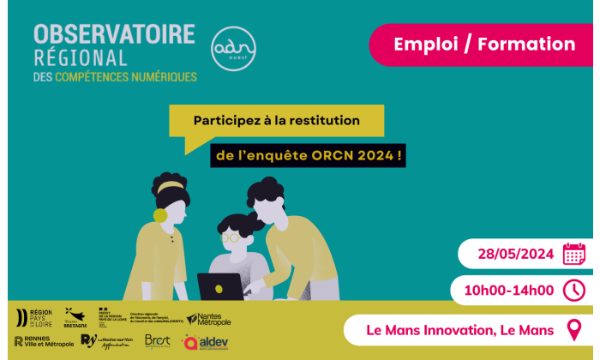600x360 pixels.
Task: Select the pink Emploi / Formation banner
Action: (x=484, y=45)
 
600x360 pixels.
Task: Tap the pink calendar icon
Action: (x=573, y=255)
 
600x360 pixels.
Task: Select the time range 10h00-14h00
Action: (x=508, y=291)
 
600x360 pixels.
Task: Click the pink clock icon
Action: (x=573, y=291)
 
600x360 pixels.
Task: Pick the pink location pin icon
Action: (x=573, y=329)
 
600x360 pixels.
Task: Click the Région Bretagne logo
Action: (x=75, y=318)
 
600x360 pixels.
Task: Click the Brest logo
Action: (x=158, y=342)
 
